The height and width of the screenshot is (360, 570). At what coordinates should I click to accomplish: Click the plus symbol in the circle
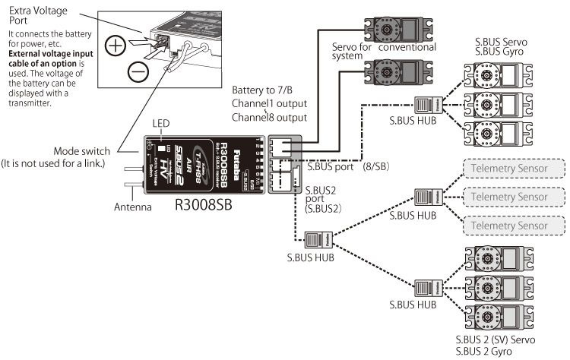(x=116, y=45)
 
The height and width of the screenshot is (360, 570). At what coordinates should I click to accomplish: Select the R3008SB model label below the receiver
(x=202, y=204)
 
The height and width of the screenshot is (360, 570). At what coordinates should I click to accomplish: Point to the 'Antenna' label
(x=134, y=205)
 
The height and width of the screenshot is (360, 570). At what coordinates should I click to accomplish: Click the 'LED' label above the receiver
(x=160, y=123)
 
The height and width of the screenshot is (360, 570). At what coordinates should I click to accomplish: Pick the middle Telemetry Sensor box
(x=514, y=197)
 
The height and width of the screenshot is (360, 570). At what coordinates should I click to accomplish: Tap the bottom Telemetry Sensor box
(x=514, y=225)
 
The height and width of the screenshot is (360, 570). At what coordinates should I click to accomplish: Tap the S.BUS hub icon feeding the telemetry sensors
(x=424, y=197)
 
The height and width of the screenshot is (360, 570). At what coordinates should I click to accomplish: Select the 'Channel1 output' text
(x=270, y=106)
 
